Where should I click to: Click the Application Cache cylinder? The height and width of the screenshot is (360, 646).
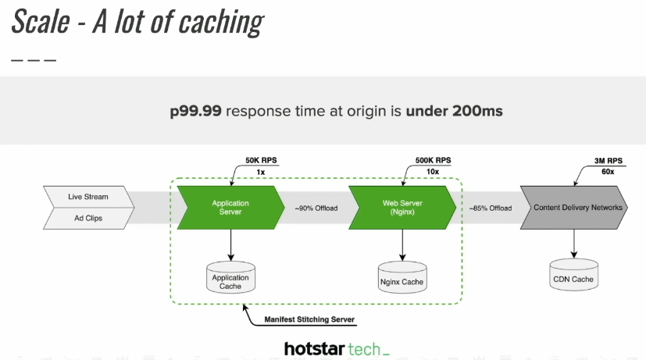point(230,280)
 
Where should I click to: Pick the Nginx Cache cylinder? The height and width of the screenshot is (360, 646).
point(402,280)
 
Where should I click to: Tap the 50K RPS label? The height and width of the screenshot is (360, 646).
point(261,161)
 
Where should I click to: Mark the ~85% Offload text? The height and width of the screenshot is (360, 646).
point(491,209)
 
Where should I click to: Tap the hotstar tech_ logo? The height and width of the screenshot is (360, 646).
point(337,348)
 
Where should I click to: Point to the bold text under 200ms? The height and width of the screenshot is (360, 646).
point(454,111)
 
